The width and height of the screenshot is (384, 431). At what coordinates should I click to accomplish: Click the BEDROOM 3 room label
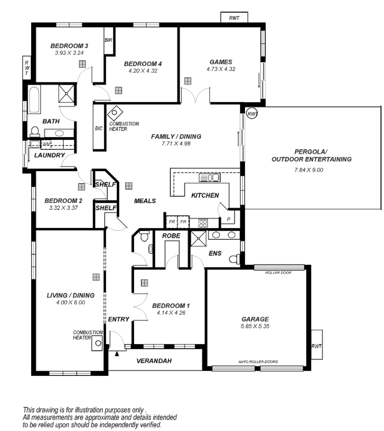[66, 45]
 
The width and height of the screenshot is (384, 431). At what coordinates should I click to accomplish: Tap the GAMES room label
[221, 62]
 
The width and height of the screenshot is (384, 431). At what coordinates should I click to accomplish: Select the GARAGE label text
[255, 319]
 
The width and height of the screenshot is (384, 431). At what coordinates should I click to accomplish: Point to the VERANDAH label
[154, 361]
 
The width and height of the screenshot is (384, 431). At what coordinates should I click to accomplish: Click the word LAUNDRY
[49, 155]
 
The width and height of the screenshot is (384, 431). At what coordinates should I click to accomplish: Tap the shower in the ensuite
[198, 239]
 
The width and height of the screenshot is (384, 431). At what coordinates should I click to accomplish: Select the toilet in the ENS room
[234, 259]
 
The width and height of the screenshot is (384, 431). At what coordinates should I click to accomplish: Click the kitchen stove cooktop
[203, 223]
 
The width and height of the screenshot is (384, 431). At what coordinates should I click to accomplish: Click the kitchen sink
[210, 178]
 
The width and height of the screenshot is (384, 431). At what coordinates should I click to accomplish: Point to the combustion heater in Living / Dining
[98, 342]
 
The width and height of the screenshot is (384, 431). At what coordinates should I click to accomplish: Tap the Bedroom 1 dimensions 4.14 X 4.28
[172, 313]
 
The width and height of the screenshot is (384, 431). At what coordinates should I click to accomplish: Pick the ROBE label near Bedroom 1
[171, 236]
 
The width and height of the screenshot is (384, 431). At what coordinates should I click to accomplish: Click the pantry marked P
[229, 219]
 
